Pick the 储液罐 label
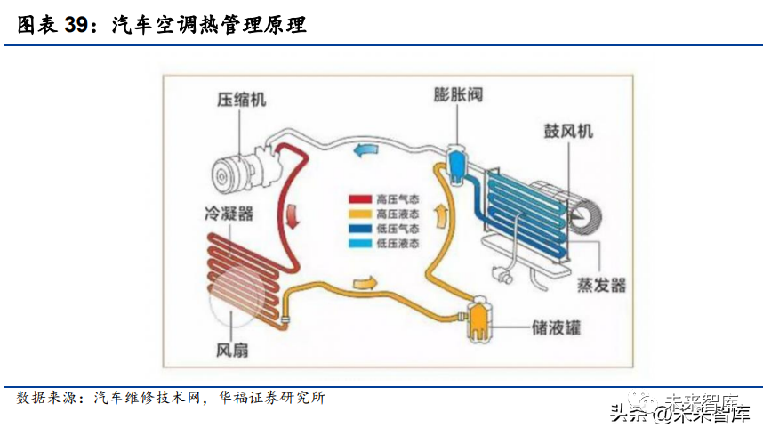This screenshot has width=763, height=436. click(x=555, y=327)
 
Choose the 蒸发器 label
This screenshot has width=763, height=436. click(x=601, y=285)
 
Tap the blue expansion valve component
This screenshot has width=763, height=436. click(x=458, y=162)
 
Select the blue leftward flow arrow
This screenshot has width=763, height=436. click(x=365, y=150)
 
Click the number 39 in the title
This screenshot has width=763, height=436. click(x=77, y=26)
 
